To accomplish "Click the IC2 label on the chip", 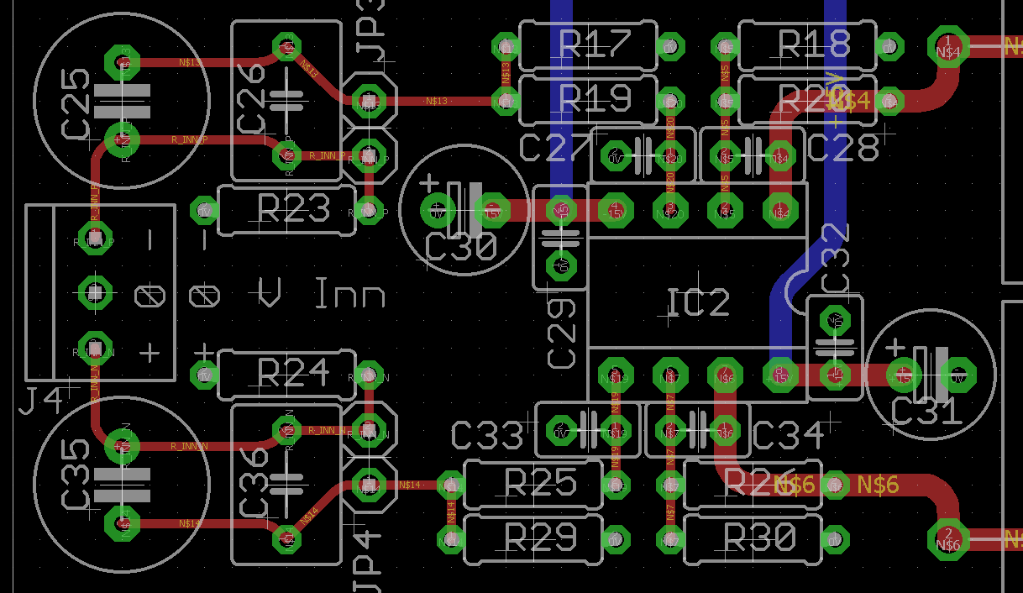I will coord(697,303).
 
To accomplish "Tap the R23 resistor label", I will coord(293,209).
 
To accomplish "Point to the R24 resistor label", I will coord(293,371).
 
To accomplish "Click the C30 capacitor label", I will coord(461,248).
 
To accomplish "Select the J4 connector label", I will coord(40,401).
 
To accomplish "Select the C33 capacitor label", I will coord(487,434).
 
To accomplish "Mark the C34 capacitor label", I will coord(788,434).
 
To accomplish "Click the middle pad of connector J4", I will coord(95,293).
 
